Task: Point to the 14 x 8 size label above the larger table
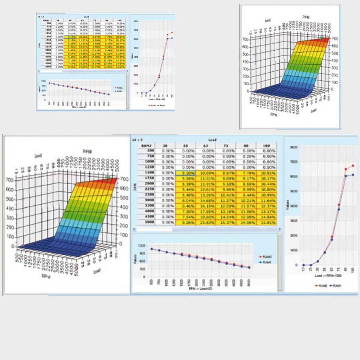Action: (137, 140)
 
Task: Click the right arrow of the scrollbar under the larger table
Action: (279, 229)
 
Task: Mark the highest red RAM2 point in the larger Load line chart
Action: (353, 166)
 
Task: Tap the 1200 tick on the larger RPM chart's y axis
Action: (141, 245)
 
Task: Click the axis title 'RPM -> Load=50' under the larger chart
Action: (200, 288)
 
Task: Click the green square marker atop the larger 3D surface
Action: (108, 179)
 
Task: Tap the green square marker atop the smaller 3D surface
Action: (322, 37)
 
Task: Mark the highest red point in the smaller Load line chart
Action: (172, 33)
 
